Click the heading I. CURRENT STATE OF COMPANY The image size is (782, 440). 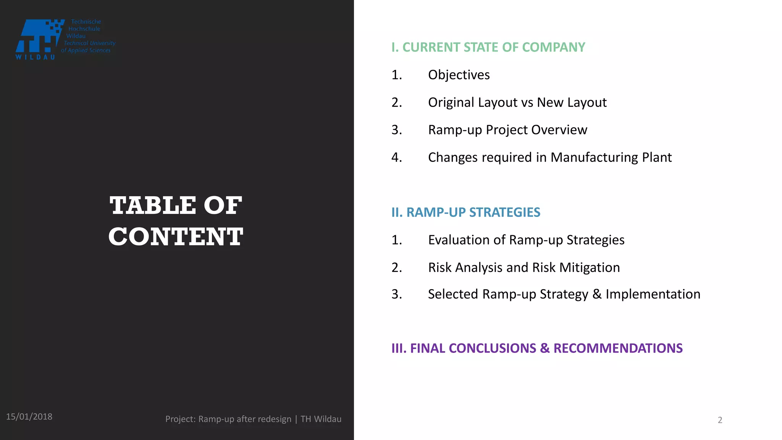tap(488, 47)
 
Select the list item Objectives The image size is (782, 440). tap(459, 75)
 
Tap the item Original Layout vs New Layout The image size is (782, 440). tap(517, 102)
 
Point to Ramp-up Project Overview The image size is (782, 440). tap(507, 130)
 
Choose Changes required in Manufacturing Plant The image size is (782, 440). tap(549, 157)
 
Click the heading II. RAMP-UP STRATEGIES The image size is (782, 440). tap(465, 212)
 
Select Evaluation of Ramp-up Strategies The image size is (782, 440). tap(526, 240)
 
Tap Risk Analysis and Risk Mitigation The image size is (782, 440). tap(524, 267)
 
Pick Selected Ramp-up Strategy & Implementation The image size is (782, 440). tap(564, 294)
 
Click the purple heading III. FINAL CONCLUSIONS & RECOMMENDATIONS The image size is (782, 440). tap(537, 348)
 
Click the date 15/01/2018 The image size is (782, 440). tap(29, 417)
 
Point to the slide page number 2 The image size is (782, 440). tap(720, 420)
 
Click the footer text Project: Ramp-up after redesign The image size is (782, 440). tap(228, 419)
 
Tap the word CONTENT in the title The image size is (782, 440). tap(176, 236)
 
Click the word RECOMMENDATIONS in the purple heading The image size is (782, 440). tap(618, 348)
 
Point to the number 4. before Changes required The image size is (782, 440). tap(396, 157)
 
